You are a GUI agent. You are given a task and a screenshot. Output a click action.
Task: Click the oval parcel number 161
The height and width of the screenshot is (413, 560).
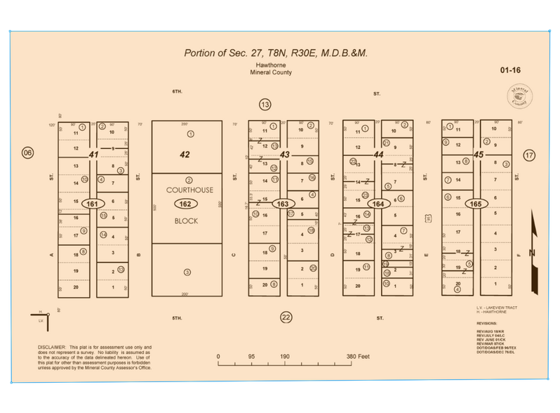tap(91, 204)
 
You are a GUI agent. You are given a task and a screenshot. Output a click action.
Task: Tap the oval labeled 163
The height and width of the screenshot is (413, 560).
tap(283, 204)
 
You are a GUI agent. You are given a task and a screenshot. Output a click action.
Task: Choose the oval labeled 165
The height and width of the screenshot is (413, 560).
tap(476, 204)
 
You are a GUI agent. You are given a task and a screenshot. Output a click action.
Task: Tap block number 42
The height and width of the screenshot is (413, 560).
tap(185, 155)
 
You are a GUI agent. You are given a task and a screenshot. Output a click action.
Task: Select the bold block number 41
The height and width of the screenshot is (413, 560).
tap(93, 155)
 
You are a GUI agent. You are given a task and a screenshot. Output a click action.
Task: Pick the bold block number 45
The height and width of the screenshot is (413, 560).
tap(479, 155)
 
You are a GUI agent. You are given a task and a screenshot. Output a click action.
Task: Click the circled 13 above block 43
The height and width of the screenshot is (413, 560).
tap(265, 105)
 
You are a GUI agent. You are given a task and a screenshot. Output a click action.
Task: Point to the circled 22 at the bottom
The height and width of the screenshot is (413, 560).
tap(285, 317)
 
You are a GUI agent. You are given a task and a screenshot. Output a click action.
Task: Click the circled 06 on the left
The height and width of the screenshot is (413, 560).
tap(27, 153)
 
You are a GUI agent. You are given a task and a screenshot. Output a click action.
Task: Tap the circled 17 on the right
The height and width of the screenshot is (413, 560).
tap(529, 155)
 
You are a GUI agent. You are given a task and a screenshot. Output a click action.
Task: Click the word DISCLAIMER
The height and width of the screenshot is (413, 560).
tap(51, 347)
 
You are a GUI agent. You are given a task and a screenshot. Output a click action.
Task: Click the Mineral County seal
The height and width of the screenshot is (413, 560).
tap(519, 95)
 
